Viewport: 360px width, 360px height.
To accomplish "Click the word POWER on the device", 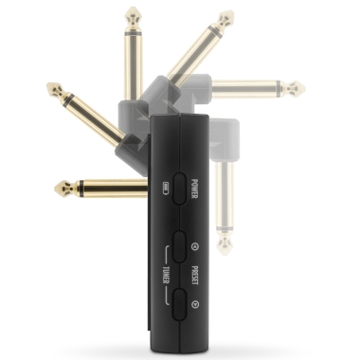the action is point(195,189).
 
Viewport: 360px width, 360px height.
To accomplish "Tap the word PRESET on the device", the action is point(195,275).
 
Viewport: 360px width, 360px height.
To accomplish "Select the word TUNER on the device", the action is point(167,275).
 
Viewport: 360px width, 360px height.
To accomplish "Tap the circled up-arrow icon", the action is point(195,246).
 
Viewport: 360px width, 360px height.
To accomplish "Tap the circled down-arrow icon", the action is point(195,304).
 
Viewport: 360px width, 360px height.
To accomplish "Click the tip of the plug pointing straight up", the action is point(133,8).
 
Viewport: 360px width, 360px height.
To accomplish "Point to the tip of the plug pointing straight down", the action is point(225,253).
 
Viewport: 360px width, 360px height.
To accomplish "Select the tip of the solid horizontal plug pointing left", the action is point(56,189).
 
